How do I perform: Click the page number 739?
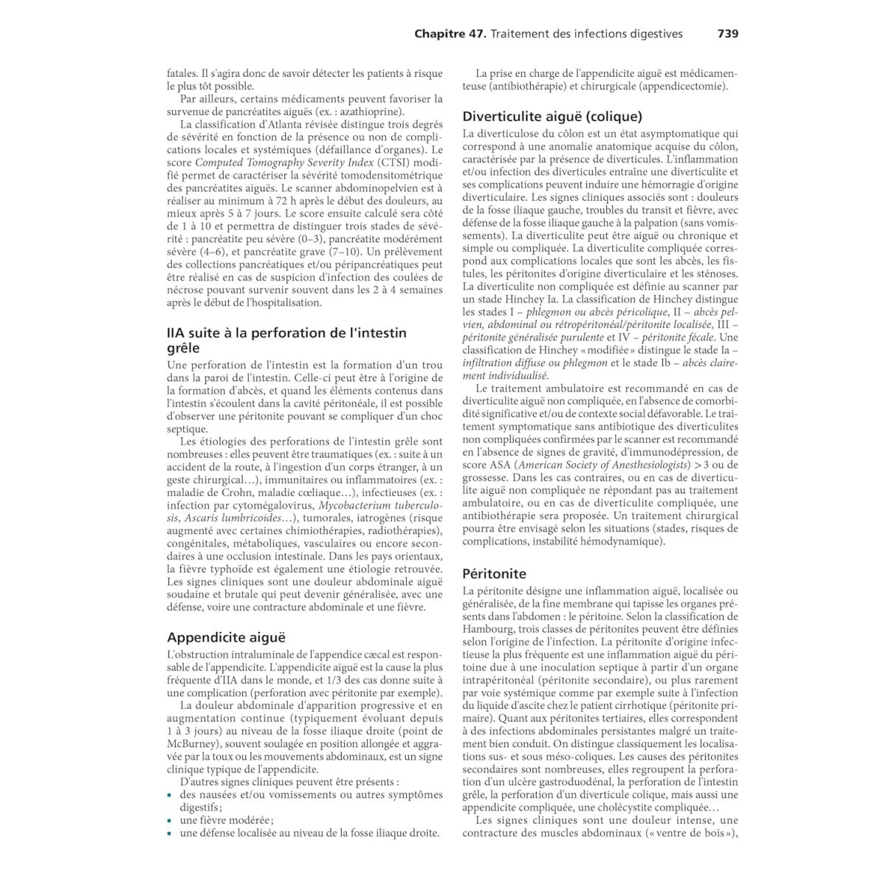tap(727, 34)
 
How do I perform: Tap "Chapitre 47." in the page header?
tap(450, 34)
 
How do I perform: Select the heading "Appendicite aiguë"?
tap(226, 637)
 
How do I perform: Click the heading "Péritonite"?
tap(494, 574)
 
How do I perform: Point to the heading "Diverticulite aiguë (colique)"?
tap(552, 117)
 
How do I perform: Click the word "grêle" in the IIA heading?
tap(183, 348)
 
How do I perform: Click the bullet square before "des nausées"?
tap(170, 795)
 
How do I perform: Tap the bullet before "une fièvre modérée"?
tap(170, 820)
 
